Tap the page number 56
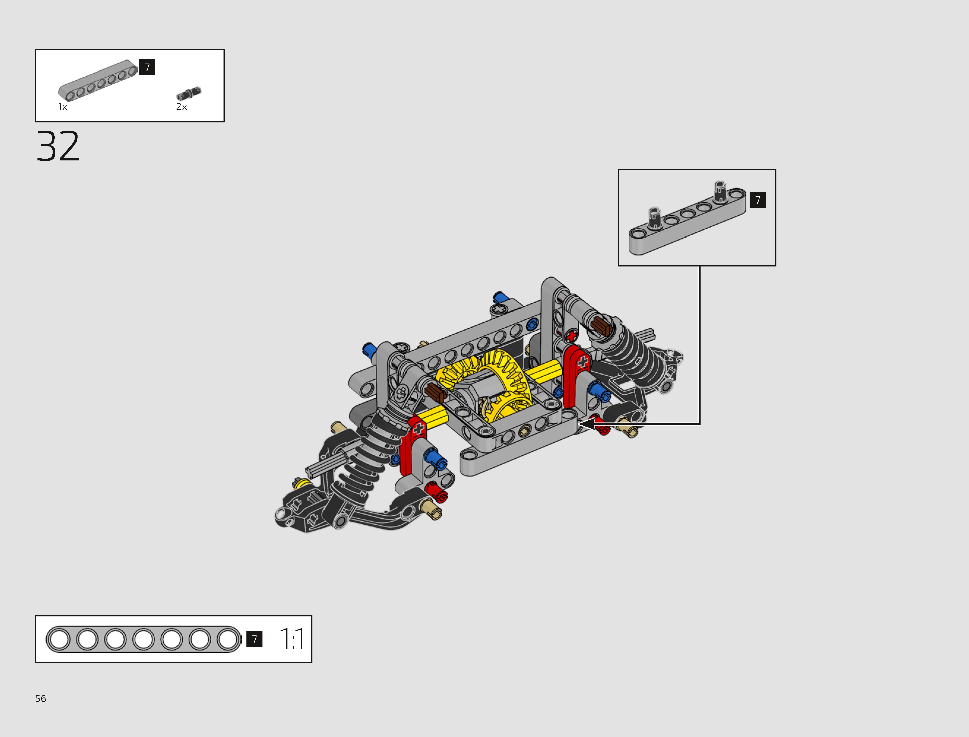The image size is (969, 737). click(40, 698)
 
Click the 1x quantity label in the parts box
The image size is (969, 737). click(62, 107)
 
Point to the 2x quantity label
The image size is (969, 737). click(181, 107)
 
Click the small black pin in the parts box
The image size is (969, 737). click(189, 94)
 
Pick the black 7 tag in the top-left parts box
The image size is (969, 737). click(147, 67)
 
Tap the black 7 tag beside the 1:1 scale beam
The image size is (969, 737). click(254, 639)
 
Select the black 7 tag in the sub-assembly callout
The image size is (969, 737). click(757, 200)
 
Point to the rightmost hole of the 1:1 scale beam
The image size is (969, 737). click(228, 639)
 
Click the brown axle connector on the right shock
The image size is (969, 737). click(600, 327)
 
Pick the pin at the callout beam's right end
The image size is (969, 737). click(720, 191)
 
